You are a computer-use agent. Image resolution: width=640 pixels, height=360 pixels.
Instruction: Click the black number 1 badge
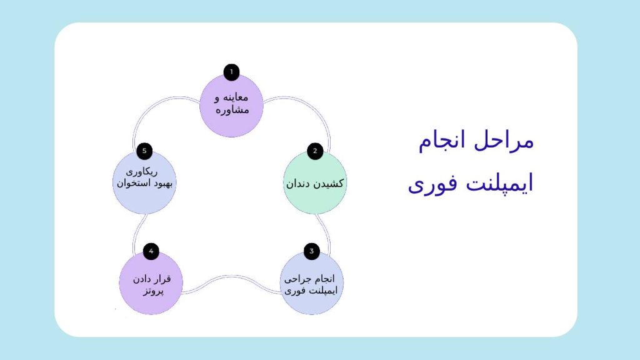(x=231, y=72)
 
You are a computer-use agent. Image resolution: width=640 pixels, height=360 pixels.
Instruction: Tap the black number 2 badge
(x=315, y=151)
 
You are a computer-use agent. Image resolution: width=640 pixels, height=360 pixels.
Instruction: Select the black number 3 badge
(x=311, y=251)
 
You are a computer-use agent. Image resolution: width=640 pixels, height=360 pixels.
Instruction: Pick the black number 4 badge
(x=151, y=251)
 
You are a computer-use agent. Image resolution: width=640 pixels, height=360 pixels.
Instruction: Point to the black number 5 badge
(x=144, y=151)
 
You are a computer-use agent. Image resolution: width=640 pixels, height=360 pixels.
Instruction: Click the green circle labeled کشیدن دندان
(x=315, y=182)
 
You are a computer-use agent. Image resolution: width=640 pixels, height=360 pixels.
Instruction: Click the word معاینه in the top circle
(x=236, y=97)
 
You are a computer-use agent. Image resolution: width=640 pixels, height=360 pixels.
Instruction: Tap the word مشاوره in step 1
(x=232, y=110)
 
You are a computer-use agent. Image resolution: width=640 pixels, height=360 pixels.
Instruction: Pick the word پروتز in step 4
(x=154, y=291)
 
